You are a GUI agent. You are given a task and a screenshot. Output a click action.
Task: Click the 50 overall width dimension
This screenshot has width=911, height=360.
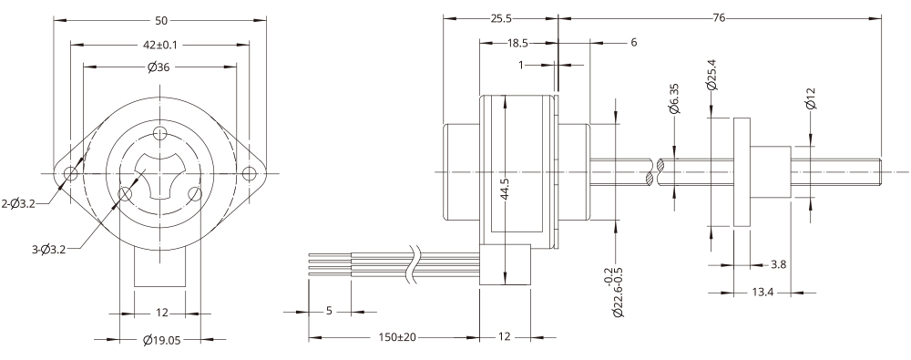(x=161, y=19)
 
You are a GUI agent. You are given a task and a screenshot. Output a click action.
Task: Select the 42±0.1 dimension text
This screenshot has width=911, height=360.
(x=160, y=43)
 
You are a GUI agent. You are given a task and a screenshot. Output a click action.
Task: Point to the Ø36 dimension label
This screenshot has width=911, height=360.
(x=160, y=66)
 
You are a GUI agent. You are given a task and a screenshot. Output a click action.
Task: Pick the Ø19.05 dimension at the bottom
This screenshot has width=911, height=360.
(x=161, y=339)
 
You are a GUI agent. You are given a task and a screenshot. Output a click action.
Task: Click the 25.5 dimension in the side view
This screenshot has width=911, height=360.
(x=499, y=18)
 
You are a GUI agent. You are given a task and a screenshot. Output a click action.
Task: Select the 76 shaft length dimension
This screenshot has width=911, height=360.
(x=718, y=18)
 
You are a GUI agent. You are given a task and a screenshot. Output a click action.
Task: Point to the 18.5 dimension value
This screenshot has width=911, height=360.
(x=518, y=42)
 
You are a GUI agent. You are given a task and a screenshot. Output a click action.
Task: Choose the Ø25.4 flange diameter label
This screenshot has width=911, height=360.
(x=711, y=72)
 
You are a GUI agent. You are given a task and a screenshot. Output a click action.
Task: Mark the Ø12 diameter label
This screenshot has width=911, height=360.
(x=810, y=96)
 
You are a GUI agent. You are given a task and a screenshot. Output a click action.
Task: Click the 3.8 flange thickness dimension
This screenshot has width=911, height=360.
(x=779, y=265)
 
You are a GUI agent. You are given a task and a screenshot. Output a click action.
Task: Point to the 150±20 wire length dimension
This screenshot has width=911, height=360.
(x=394, y=337)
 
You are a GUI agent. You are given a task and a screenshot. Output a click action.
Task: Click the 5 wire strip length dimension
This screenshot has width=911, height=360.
(x=329, y=311)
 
